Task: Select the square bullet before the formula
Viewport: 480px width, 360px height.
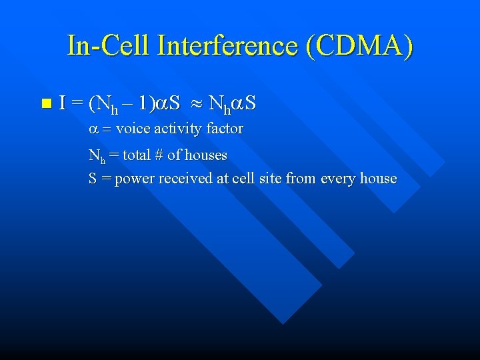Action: pyautogui.click(x=45, y=103)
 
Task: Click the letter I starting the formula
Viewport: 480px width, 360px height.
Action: pyautogui.click(x=62, y=103)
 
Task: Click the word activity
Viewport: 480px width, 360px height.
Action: pyautogui.click(x=177, y=129)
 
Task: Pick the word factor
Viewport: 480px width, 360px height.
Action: pyautogui.click(x=225, y=128)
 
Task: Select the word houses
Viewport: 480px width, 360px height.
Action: pyautogui.click(x=206, y=155)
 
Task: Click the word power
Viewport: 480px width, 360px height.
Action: pyautogui.click(x=133, y=179)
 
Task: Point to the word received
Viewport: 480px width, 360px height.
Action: pyautogui.click(x=181, y=179)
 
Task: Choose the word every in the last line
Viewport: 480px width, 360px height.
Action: pyautogui.click(x=339, y=179)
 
